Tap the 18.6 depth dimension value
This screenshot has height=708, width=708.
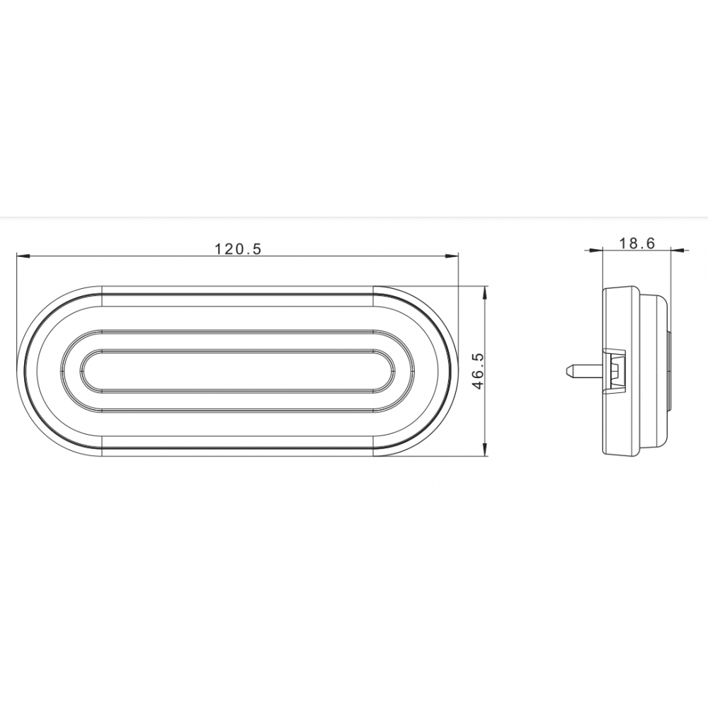coord(636,243)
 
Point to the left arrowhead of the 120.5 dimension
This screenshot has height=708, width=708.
coord(21,256)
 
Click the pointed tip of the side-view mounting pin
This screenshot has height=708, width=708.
coord(567,370)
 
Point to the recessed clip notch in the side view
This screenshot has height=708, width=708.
coord(615,369)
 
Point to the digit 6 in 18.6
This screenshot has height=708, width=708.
coord(651,243)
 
